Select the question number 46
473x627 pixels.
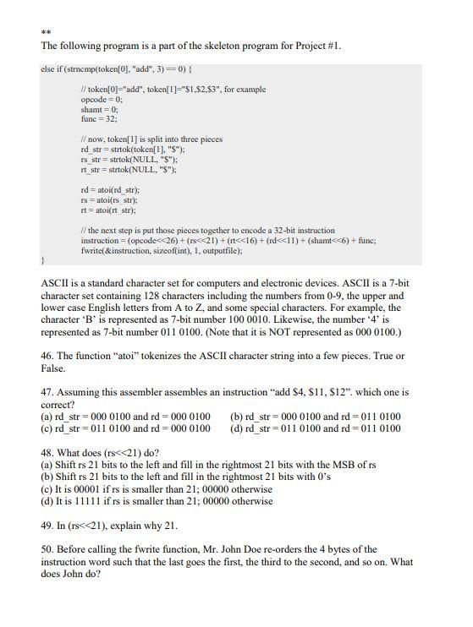[x=48, y=357]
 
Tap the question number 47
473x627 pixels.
[x=48, y=392]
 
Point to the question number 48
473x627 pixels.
[x=48, y=452]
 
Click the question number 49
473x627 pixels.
[x=48, y=524]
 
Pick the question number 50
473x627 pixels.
[x=48, y=549]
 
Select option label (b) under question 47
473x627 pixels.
[x=237, y=417]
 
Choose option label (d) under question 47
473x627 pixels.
[x=237, y=428]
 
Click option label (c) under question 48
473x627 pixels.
[x=47, y=488]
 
